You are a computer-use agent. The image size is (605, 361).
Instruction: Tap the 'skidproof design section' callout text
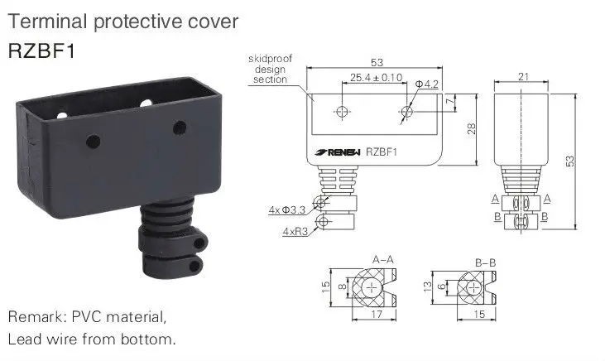click(266, 69)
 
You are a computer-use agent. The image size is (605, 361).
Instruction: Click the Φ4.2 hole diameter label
click(428, 83)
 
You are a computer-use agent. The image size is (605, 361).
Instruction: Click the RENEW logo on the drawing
click(334, 152)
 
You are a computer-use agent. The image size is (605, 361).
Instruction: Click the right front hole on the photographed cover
click(177, 128)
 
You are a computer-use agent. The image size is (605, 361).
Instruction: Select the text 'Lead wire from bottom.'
click(92, 339)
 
